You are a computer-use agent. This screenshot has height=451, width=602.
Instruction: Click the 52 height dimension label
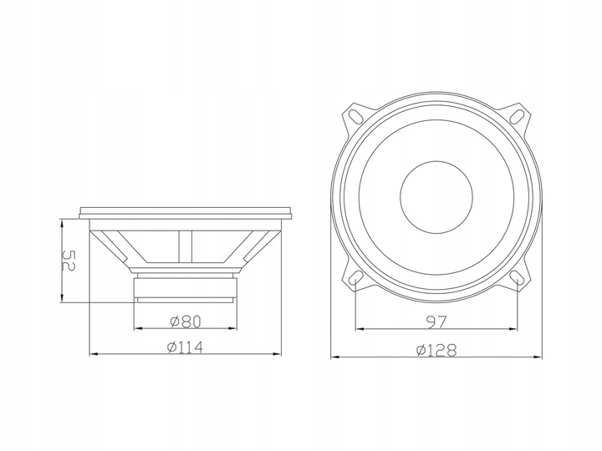pos(69,261)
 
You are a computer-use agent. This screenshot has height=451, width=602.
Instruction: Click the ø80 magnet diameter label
pos(186,322)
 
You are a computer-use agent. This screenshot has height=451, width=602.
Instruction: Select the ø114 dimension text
pos(185,347)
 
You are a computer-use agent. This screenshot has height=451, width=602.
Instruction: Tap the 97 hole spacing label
pos(436,322)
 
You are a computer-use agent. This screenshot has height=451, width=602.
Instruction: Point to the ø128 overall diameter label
pos(436,350)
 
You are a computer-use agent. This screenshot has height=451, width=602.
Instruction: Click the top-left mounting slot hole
pos(355,115)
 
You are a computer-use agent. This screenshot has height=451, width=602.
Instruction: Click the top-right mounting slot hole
pos(518,115)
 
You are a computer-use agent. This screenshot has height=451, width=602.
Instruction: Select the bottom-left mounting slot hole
pos(356,277)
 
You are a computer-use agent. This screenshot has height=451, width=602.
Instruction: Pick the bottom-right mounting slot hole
pos(518,277)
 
